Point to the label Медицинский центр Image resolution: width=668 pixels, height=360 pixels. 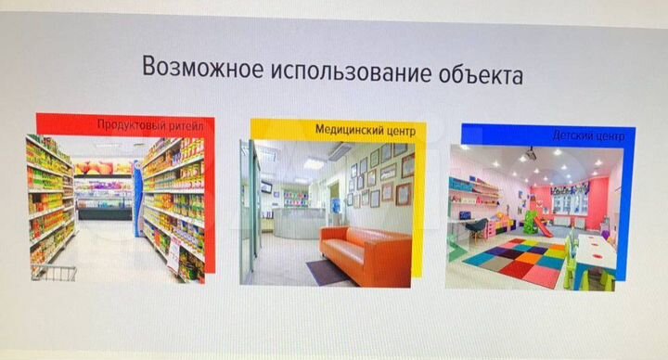364,131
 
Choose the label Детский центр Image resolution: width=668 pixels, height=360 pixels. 589,136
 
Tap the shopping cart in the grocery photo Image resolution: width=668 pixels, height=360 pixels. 54,271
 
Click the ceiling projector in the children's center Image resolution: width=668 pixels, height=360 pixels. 530,153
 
